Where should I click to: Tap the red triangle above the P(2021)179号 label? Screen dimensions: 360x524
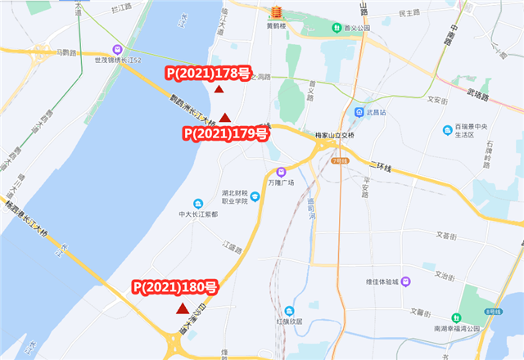tap(224, 118)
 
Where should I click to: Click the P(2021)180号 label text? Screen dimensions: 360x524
tap(175, 287)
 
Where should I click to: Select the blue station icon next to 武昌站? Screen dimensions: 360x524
tap(359, 111)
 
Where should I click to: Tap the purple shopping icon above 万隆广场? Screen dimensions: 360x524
tap(281, 173)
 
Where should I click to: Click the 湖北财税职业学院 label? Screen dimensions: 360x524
tap(239, 199)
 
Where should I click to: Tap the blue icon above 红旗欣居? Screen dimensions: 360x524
tap(289, 310)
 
